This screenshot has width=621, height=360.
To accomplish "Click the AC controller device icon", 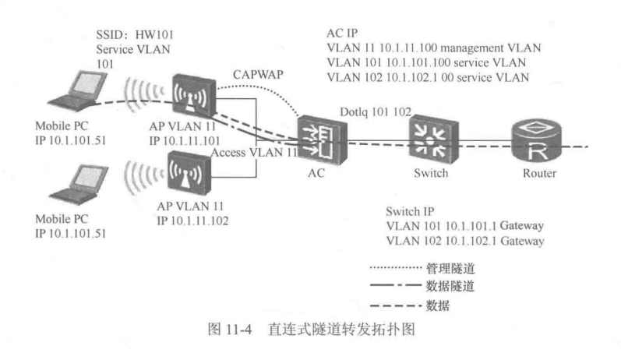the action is [x=322, y=139].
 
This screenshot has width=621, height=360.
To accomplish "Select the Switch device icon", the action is [x=433, y=139].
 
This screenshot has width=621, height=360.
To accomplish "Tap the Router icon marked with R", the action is [x=536, y=140].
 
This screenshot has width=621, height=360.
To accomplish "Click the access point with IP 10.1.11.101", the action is [x=194, y=95].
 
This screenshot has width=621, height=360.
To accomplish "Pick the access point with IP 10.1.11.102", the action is [x=189, y=173].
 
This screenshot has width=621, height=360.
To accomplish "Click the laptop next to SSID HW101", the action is [x=79, y=91].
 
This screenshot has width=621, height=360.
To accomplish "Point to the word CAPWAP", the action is [x=258, y=75].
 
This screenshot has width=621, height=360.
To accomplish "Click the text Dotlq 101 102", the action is [x=376, y=111].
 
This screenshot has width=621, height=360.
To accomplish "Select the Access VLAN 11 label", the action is [x=254, y=153].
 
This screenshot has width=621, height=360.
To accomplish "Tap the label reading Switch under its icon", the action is [x=431, y=173].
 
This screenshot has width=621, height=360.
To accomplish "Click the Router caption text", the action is [x=539, y=173].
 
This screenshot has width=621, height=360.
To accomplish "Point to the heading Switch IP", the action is [x=410, y=211].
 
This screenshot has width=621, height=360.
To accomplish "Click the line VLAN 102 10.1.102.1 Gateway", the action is [x=465, y=241].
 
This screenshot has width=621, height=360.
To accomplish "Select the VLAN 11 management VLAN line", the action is [x=434, y=48].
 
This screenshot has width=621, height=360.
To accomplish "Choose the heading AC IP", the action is [x=342, y=34].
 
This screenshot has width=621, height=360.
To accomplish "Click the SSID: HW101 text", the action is [x=135, y=35].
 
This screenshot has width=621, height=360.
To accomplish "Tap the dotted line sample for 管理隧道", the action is [x=396, y=268].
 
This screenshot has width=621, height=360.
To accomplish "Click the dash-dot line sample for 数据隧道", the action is [x=396, y=284].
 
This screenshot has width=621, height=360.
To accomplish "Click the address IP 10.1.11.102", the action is [x=192, y=221].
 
